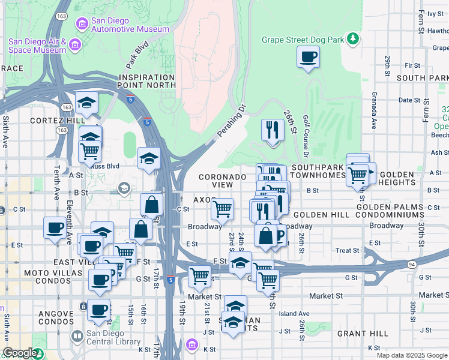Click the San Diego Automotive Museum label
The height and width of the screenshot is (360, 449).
(130, 25)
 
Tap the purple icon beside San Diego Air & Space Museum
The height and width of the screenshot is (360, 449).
(75, 45)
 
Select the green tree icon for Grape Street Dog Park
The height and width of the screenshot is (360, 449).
(354, 40)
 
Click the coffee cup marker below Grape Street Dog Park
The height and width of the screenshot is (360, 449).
(308, 58)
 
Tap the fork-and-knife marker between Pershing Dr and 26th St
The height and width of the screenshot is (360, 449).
(273, 131)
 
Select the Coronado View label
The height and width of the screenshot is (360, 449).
(223, 181)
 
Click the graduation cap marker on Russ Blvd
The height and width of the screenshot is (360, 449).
(149, 159)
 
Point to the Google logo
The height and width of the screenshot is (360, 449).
(20, 353)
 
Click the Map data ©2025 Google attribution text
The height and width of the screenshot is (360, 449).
(411, 355)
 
